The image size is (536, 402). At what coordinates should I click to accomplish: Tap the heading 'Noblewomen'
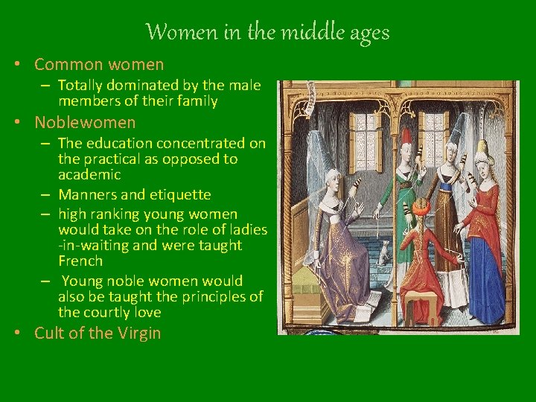85,122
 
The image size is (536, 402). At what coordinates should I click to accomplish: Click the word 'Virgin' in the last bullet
138,333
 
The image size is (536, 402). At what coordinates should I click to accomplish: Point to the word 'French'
80,261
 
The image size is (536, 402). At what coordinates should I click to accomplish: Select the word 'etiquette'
179,195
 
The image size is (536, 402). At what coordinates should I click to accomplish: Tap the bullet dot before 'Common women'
17,65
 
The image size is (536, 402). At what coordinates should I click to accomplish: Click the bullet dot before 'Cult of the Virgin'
17,333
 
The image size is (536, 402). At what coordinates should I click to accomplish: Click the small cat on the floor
383,253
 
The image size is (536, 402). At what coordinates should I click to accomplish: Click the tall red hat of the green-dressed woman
406,137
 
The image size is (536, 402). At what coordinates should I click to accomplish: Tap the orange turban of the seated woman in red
421,205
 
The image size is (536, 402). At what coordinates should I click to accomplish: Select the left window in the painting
363,141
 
